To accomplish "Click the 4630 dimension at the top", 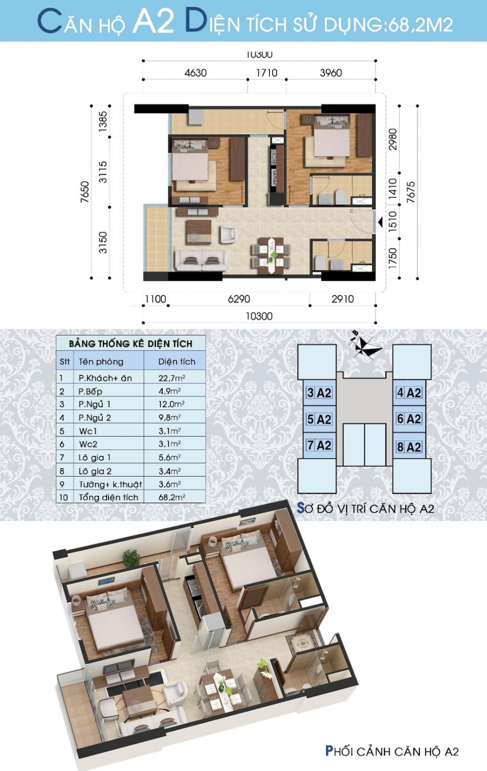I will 195,73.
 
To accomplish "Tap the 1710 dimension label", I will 266,73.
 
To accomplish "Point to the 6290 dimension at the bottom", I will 239,299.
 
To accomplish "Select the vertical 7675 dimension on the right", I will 411,194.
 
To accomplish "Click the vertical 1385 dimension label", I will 102,122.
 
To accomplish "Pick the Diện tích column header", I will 176,361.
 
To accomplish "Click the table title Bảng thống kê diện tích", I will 131,343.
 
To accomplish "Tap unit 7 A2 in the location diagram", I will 319,445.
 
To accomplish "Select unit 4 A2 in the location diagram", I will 409,393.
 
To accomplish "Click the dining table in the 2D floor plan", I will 270,253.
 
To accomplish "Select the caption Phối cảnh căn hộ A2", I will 392,751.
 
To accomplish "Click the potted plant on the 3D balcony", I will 131,557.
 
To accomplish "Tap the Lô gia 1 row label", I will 95,457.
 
